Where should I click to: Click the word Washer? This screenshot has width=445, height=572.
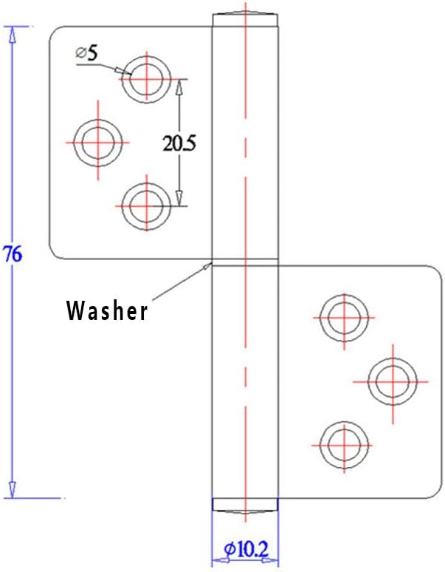click(x=107, y=311)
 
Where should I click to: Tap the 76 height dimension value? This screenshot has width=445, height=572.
click(x=12, y=253)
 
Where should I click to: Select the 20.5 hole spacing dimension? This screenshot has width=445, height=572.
click(x=179, y=143)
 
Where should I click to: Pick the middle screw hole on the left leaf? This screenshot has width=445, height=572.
click(x=99, y=141)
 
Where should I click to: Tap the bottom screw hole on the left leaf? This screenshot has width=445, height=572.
click(x=144, y=203)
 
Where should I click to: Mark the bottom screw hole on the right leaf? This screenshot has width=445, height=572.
click(x=342, y=445)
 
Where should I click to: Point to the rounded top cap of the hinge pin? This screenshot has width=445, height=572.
click(x=245, y=17)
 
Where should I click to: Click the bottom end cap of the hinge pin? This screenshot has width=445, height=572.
click(x=245, y=504)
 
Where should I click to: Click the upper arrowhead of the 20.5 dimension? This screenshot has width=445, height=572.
click(x=179, y=86)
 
